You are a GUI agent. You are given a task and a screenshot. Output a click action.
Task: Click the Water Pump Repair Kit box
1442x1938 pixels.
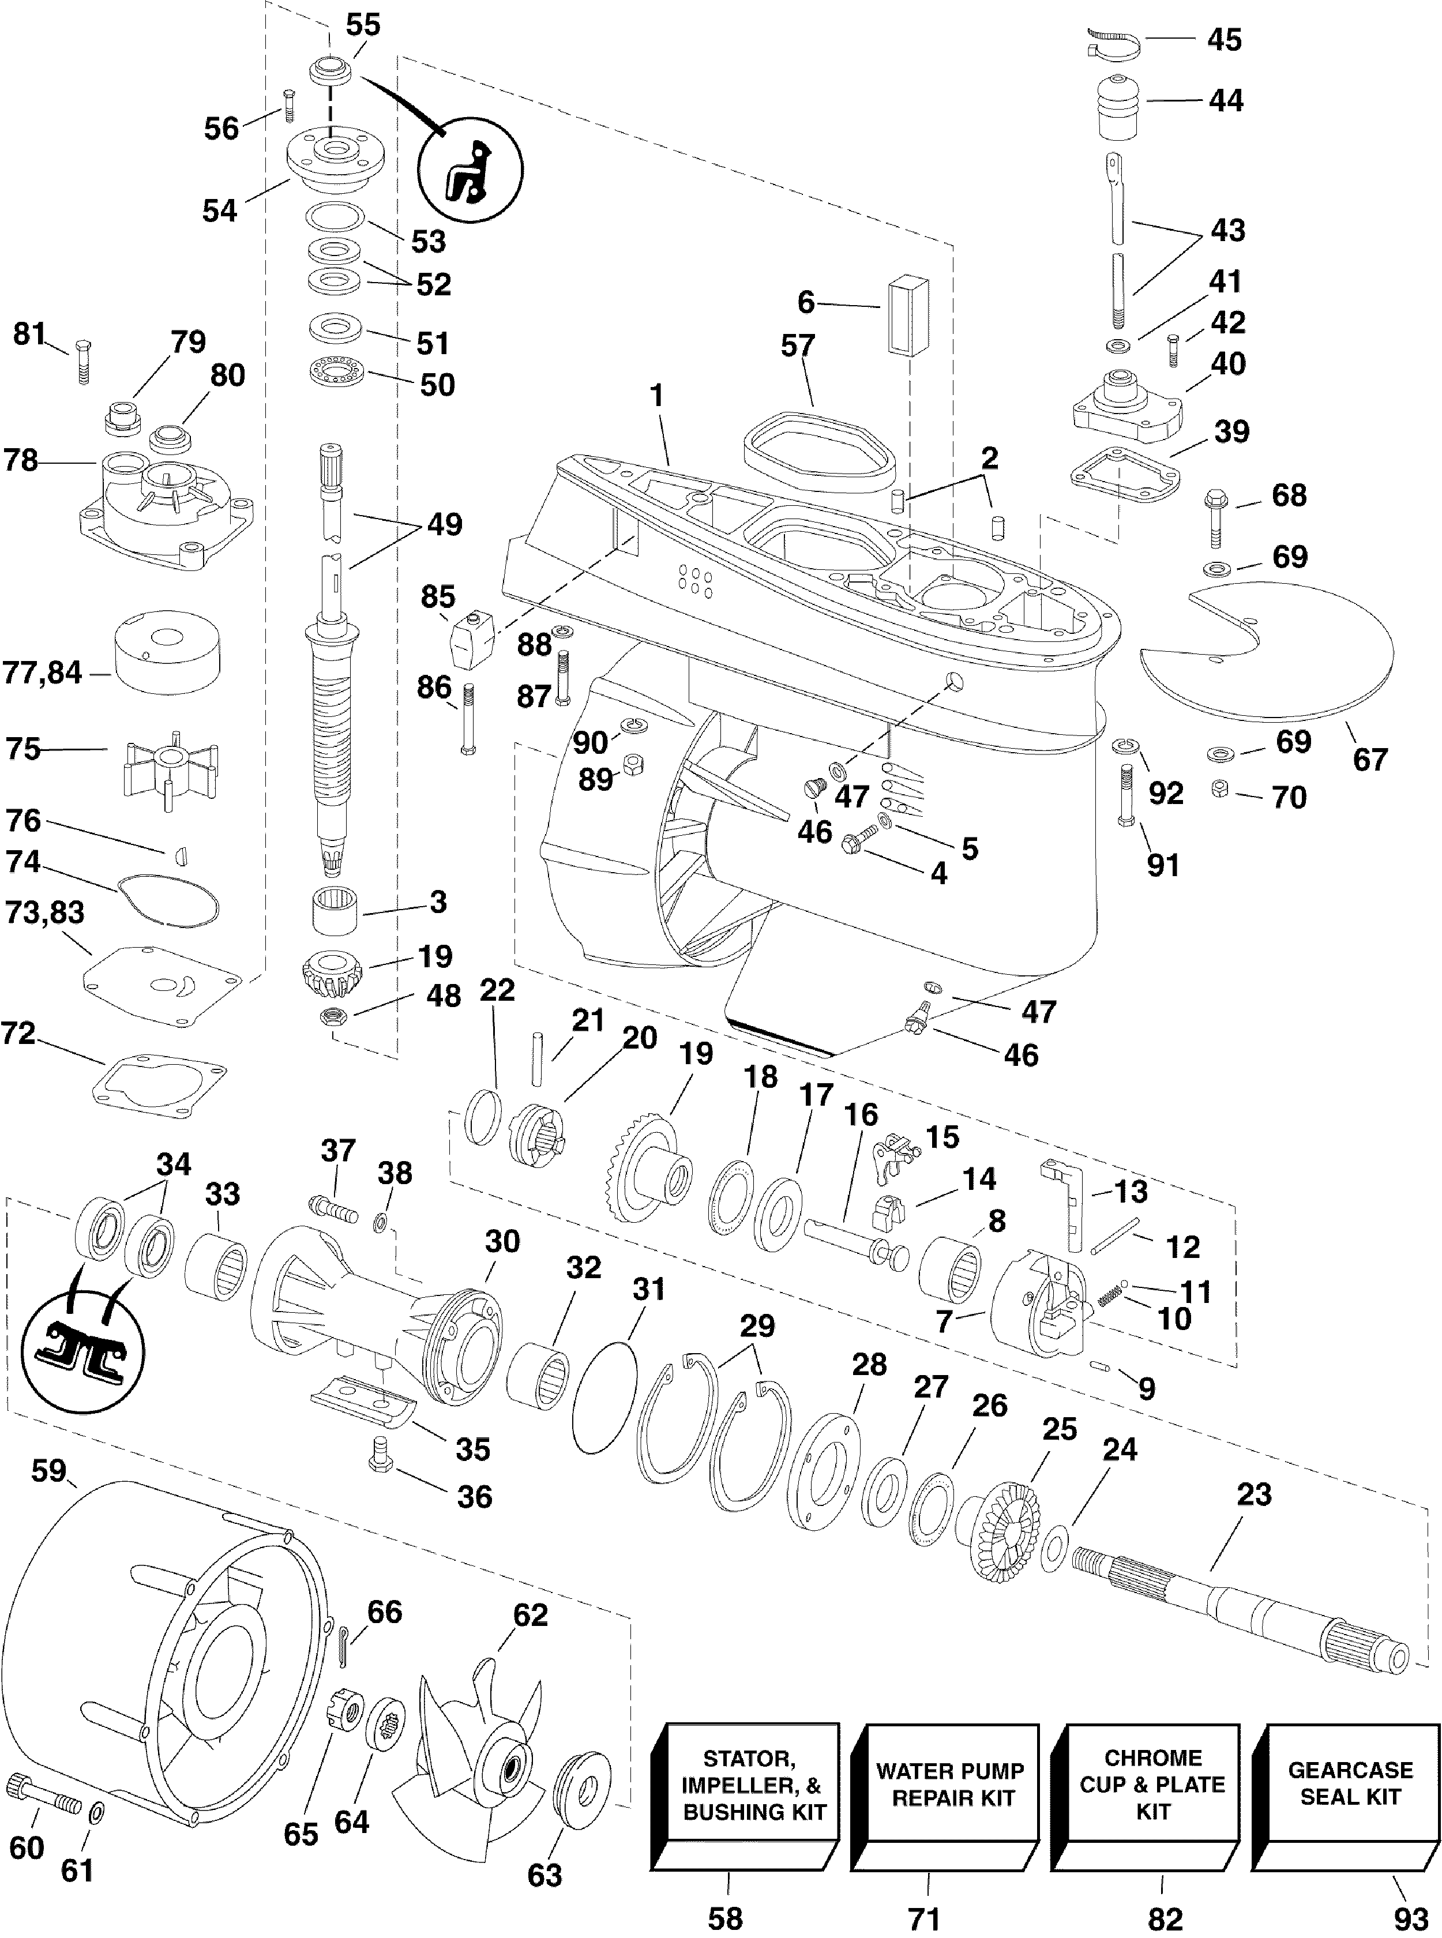(949, 1785)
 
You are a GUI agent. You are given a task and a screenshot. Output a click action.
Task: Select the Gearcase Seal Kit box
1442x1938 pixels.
(1350, 1785)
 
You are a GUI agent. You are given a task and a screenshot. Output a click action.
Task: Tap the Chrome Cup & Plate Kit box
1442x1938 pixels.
(1152, 1785)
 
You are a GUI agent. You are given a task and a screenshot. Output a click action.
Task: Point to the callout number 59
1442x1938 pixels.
(49, 1471)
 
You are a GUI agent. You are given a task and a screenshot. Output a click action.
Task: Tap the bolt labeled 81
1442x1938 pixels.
(83, 360)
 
